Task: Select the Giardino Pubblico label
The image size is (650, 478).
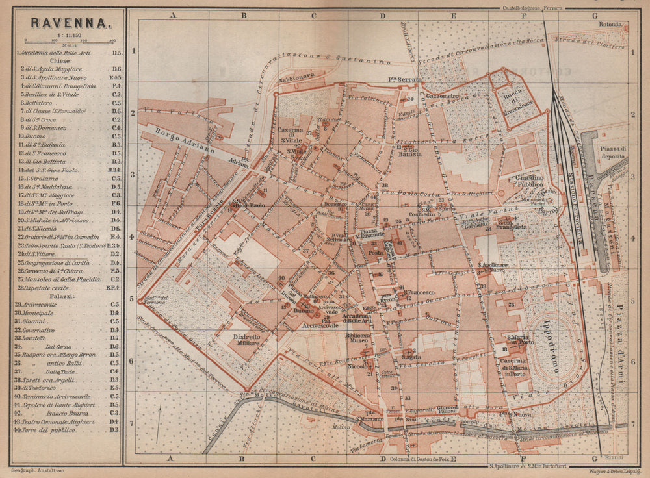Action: [x=515, y=180]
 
